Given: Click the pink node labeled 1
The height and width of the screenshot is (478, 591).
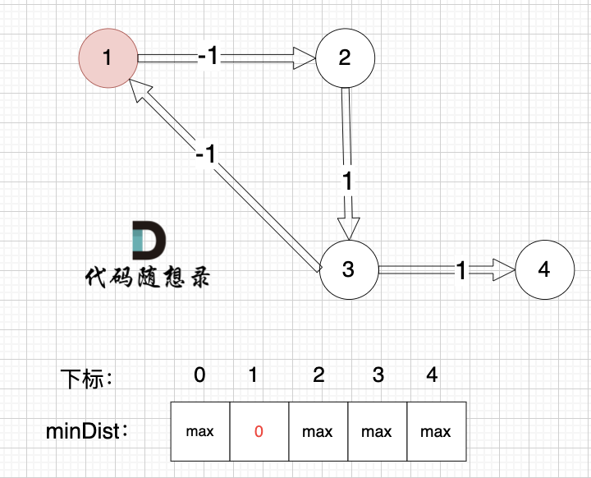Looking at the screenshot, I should coord(107,57).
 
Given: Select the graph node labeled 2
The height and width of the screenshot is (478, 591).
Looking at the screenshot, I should coord(345,57).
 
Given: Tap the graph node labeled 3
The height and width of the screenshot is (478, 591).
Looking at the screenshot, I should coord(348,269).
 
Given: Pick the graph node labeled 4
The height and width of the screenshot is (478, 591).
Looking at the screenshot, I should coord(544,269).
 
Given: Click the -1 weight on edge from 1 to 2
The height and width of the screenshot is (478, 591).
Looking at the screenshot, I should coord(208,57).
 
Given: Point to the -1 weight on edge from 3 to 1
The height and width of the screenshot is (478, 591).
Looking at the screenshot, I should coord(206,154).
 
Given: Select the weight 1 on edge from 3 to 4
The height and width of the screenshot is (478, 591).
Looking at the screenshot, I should coord(460,269).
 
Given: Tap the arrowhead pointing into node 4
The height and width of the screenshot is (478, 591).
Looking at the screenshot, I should coord(502,269).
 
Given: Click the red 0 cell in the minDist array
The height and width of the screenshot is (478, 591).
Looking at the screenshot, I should coord(259,431).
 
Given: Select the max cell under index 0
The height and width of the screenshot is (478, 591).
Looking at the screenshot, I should coord(199,431).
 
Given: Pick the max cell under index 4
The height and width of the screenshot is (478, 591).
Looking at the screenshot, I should coord(436,431).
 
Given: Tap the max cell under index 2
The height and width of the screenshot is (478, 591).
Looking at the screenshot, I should coord(318,431).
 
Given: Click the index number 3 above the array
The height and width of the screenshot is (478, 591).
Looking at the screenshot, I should coord(378,375).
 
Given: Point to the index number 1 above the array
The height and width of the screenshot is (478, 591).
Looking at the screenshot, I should coord(254,375).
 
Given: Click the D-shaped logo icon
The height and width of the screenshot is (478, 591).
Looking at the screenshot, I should coord(149,239).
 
